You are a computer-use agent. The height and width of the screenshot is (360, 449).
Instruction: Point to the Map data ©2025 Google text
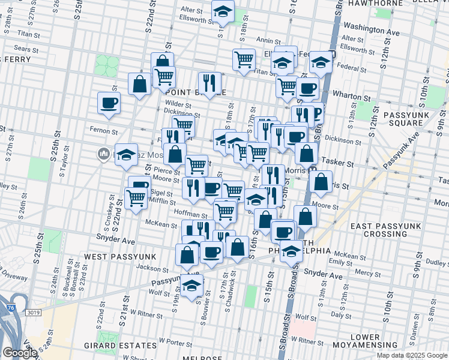pyautogui.click(x=411, y=355)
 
